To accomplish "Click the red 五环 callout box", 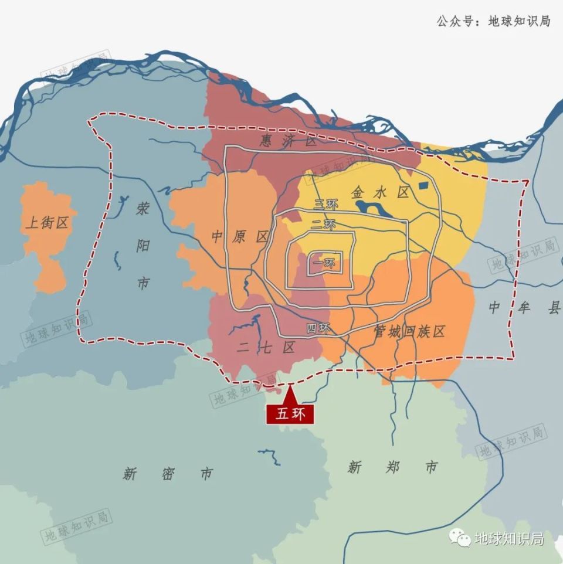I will click(291, 413).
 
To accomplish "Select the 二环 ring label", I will click(323, 225).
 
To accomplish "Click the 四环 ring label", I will click(319, 328).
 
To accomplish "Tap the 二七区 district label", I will click(266, 348).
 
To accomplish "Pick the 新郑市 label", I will click(392, 467).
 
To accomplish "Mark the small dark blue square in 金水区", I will click(424, 186).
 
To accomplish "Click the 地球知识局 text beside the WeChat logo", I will click(508, 538).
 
